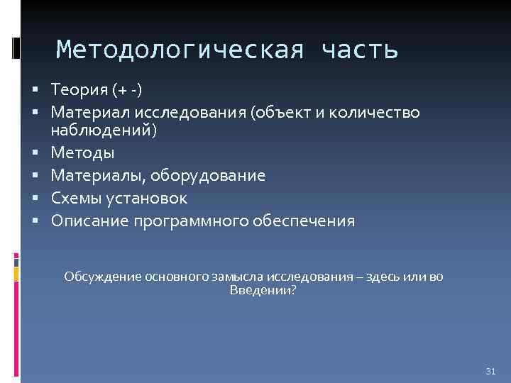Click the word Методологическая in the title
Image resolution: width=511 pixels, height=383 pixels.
tap(182, 50)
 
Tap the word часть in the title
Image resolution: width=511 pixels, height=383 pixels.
tap(360, 50)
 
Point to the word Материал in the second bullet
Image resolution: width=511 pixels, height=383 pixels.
tap(86, 112)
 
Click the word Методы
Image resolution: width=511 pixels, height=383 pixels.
tap(82, 152)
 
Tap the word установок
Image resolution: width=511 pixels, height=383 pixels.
tap(148, 198)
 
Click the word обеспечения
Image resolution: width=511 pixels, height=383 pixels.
tap(304, 221)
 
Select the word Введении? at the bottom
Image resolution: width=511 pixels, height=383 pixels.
tap(263, 290)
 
